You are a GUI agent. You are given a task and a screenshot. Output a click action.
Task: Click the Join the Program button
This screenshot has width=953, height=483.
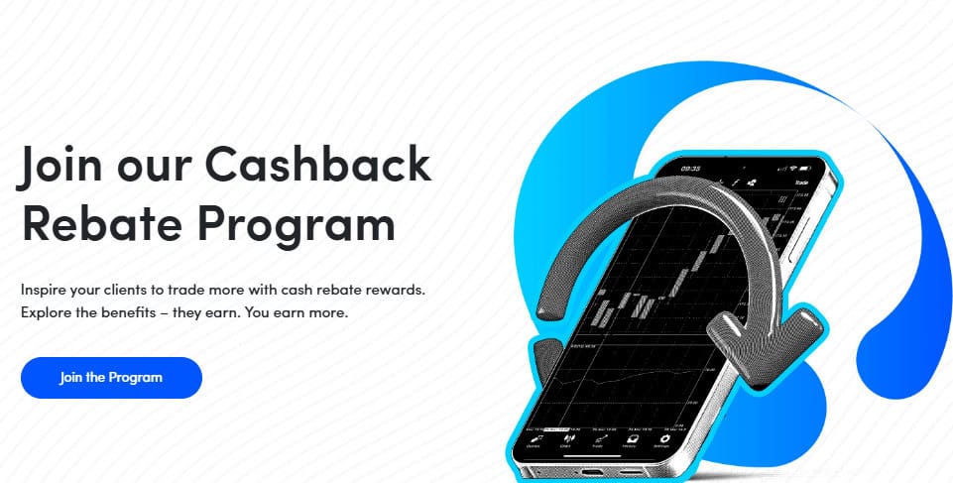111,378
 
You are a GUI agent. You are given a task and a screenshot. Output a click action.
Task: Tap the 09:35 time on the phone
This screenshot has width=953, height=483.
691,169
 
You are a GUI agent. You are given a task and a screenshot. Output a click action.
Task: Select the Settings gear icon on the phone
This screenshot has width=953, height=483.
662,440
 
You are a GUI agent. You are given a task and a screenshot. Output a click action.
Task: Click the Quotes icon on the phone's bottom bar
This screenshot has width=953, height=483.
534,440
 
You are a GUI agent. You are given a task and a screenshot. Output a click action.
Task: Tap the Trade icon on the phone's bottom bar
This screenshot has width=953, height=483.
598,440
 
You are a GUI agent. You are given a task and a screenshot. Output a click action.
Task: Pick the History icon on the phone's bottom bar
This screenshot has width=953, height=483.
631,440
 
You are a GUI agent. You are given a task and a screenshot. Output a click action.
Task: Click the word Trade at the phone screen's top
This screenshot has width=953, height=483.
800,183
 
